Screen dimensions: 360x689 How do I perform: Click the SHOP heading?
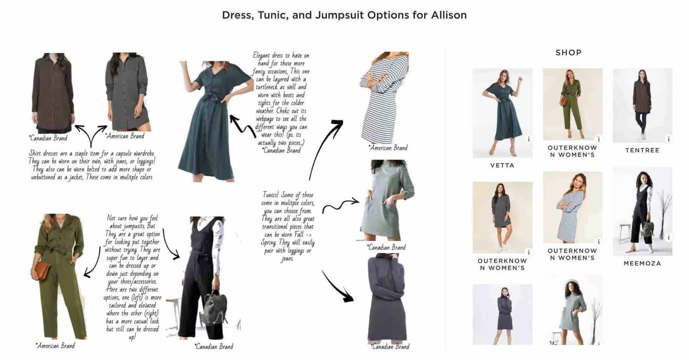click(x=568, y=53)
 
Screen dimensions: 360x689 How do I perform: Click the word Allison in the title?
click(x=449, y=15)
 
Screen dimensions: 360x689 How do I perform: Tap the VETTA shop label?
click(x=502, y=165)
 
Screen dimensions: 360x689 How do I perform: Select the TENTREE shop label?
click(x=642, y=150)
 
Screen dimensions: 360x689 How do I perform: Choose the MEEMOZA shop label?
click(x=642, y=263)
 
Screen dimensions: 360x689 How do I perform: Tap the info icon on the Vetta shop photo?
click(x=528, y=139)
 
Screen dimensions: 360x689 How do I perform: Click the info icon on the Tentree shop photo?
click(x=669, y=139)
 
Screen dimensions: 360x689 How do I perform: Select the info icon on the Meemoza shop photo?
click(x=669, y=237)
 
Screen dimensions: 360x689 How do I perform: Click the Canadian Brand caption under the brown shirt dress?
click(x=49, y=138)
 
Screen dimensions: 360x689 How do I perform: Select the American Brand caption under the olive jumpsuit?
click(x=56, y=346)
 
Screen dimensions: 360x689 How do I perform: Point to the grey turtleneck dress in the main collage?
click(x=387, y=299)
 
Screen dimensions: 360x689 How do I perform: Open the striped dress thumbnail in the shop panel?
click(x=572, y=207)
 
